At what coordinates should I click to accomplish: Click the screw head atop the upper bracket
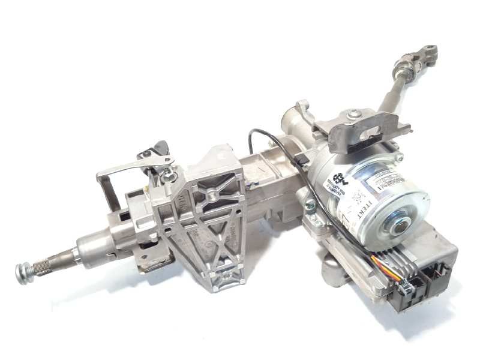355,114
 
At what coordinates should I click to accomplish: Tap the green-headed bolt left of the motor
310,207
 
